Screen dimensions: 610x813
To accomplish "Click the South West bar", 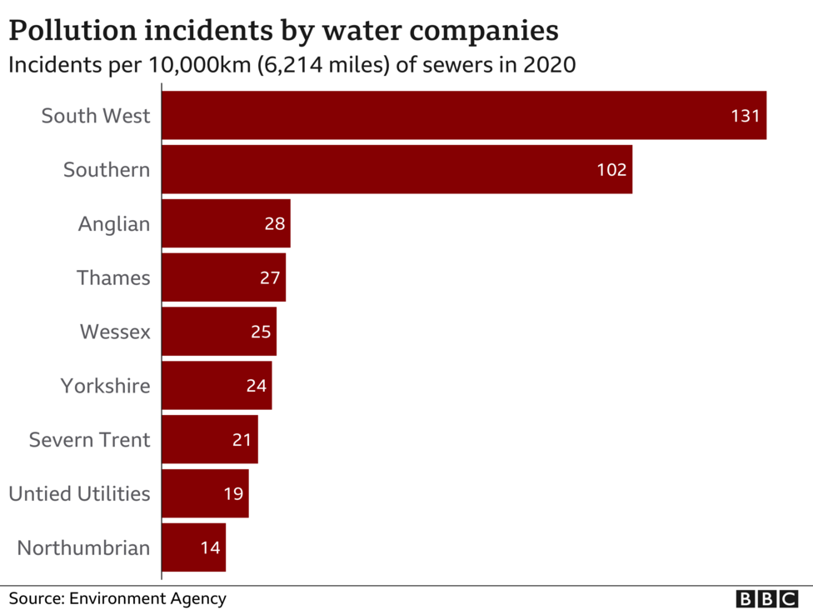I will (x=463, y=115).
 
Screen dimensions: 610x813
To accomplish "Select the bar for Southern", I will (x=397, y=169).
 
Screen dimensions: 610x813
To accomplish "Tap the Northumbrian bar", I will (x=193, y=547).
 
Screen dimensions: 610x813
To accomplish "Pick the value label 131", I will (x=746, y=116).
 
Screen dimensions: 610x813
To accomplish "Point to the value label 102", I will (x=611, y=170).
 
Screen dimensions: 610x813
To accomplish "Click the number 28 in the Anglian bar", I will (x=275, y=223).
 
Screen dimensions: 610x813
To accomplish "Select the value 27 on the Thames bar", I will (x=270, y=277).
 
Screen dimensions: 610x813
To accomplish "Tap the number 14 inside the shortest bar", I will (x=210, y=547).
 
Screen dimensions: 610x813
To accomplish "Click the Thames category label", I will (x=113, y=277).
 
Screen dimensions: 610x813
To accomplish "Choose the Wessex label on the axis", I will (x=115, y=332).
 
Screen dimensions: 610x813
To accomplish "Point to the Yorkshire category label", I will (x=105, y=386).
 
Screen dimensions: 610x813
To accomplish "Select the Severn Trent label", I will (x=89, y=439).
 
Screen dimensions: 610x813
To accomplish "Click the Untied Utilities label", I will (x=79, y=493).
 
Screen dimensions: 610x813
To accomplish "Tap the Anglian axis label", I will (x=114, y=223).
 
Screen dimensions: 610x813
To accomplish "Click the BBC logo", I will (x=767, y=598).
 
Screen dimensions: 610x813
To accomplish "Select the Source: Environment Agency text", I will (x=117, y=598).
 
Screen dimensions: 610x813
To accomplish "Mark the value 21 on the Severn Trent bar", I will (x=242, y=439).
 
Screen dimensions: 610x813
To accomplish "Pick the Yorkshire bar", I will (x=217, y=386).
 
